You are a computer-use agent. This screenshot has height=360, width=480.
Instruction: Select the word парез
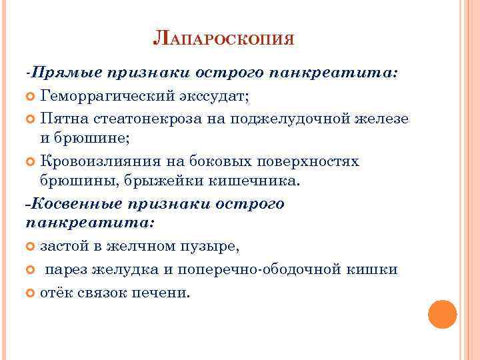pyautogui.click(x=67, y=269)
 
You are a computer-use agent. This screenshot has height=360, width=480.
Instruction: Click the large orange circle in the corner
pyautogui.click(x=442, y=314)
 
